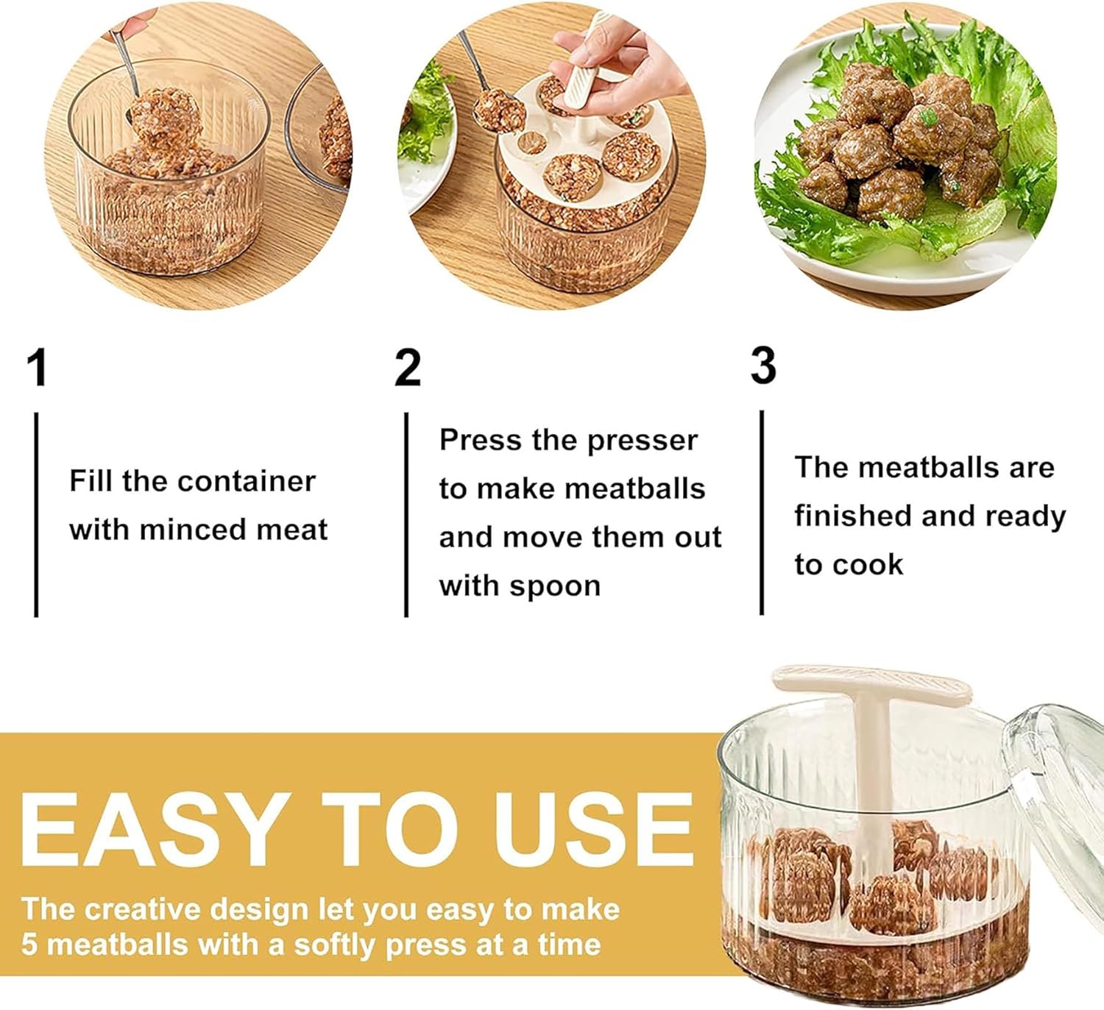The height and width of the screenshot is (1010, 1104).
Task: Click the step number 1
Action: coord(38,368)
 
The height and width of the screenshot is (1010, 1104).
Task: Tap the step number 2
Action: coord(408,368)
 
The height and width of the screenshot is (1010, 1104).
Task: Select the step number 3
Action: coord(763,366)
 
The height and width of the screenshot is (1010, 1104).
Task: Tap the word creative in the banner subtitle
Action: coord(143,909)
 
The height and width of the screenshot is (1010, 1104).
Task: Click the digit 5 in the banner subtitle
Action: coord(29,945)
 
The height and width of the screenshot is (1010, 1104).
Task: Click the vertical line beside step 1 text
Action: coord(36,515)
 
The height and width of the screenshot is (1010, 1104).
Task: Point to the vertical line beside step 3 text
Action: coord(762,513)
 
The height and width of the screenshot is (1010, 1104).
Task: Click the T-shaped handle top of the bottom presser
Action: coord(872,686)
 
